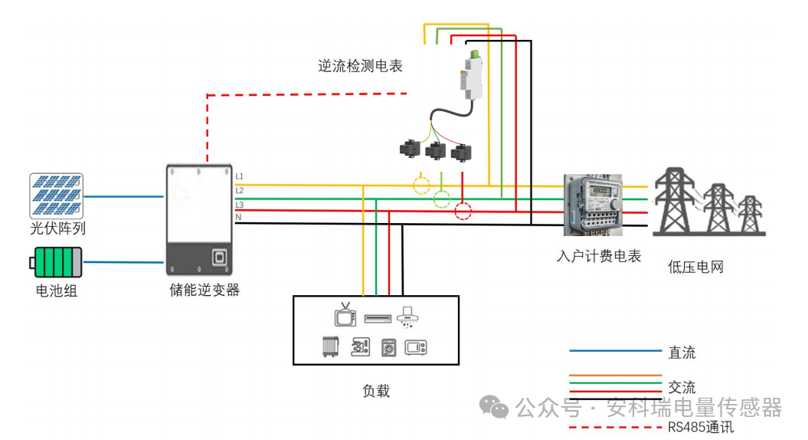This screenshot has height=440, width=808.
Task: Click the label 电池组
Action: pyautogui.click(x=57, y=291)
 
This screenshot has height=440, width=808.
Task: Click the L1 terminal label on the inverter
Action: pyautogui.click(x=240, y=177)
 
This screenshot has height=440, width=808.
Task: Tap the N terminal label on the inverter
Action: pyautogui.click(x=239, y=218)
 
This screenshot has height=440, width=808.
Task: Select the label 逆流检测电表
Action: pyautogui.click(x=360, y=66)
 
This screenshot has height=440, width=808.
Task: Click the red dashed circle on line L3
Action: pyautogui.click(x=463, y=211)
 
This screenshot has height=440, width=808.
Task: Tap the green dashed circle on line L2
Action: pyautogui.click(x=442, y=199)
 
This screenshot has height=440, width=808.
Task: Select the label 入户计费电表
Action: pyautogui.click(x=599, y=256)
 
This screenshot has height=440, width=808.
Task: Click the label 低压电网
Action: pyautogui.click(x=695, y=268)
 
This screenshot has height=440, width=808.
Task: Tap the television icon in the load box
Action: pyautogui.click(x=345, y=315)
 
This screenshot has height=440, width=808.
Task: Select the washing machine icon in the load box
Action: pyautogui.click(x=388, y=347)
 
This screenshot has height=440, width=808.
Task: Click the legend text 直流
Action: pyautogui.click(x=682, y=353)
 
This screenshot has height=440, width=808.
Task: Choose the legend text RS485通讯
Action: pyautogui.click(x=700, y=427)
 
